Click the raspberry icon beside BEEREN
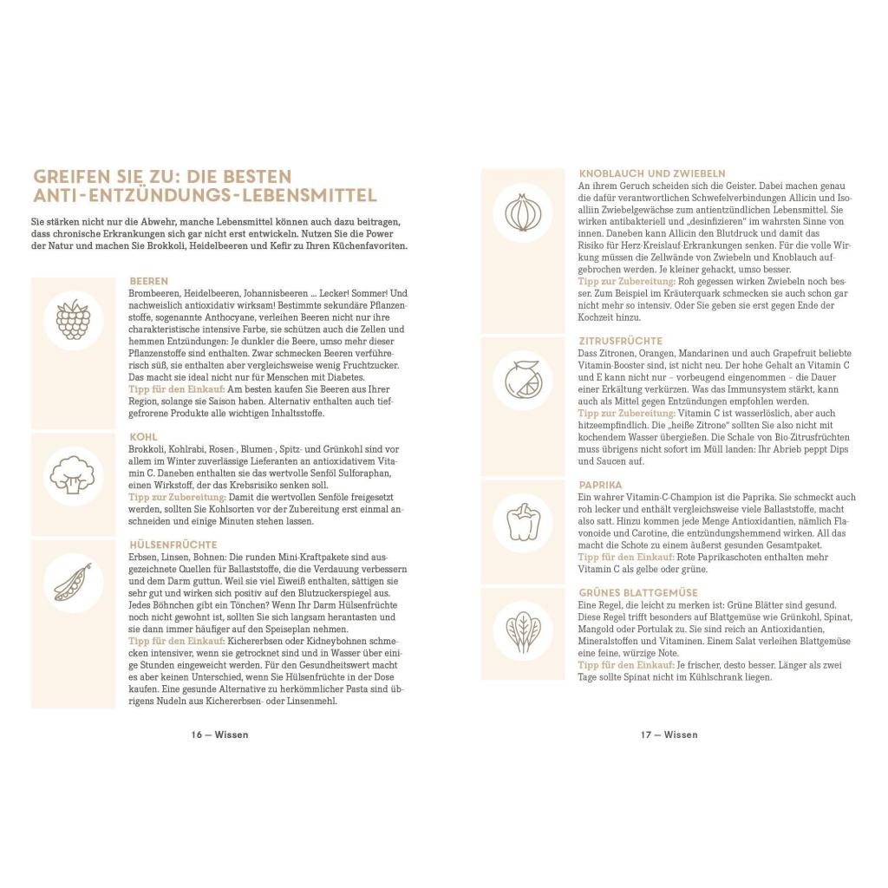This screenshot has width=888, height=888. click(73, 319)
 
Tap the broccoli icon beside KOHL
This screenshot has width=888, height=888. click(73, 474)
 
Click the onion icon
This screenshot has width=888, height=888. click(523, 212)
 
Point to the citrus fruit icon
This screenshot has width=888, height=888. click(523, 379)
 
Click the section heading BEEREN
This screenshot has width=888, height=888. click(148, 282)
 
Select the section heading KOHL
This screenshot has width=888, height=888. click(143, 437)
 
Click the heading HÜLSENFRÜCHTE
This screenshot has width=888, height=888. click(173, 544)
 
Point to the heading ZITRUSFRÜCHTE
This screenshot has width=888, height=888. click(620, 341)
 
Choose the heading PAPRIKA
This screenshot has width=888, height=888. click(600, 485)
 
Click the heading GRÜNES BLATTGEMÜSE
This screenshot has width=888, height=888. click(638, 592)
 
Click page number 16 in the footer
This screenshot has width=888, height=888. click(196, 735)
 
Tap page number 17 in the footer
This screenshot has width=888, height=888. click(646, 735)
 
